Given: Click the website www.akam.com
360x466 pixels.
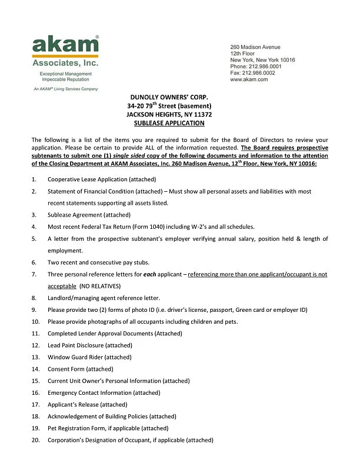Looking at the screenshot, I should tap(249, 79).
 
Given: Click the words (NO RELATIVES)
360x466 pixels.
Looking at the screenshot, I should tap(101, 286).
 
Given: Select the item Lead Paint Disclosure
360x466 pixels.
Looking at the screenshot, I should tap(90, 345).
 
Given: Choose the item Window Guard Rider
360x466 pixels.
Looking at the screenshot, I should tap(89, 357).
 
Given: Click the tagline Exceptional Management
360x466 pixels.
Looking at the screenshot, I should tap(64, 74).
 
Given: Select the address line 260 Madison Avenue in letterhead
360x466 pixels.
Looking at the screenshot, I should tap(255, 47).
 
